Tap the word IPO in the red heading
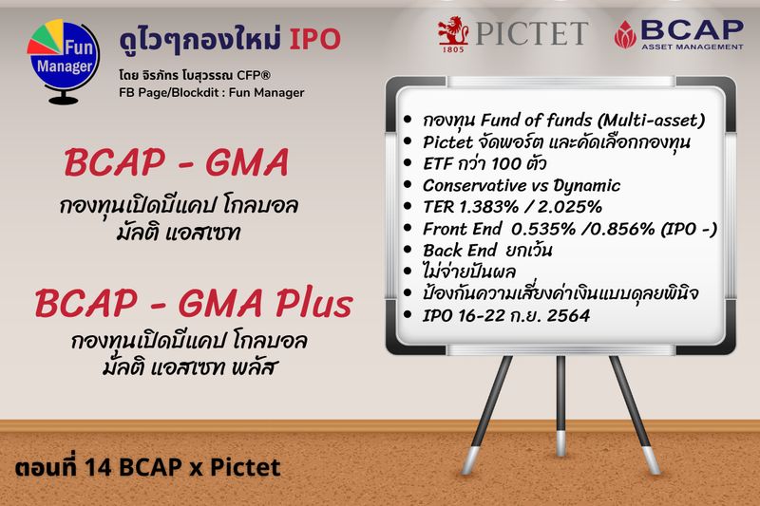pos(313,40)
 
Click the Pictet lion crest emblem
pos(449,33)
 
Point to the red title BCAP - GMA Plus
pos(194,304)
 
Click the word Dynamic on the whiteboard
pos(586,185)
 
